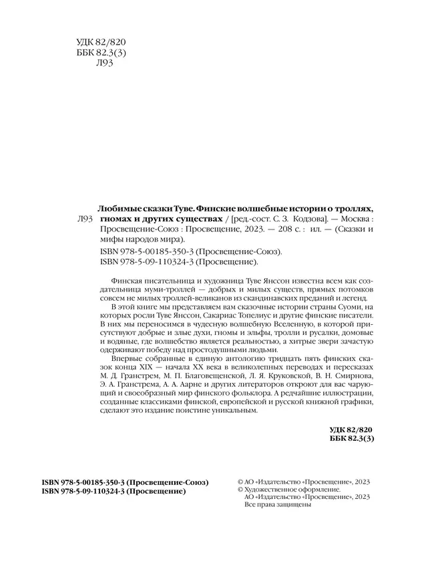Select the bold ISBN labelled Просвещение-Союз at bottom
point(124,482)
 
